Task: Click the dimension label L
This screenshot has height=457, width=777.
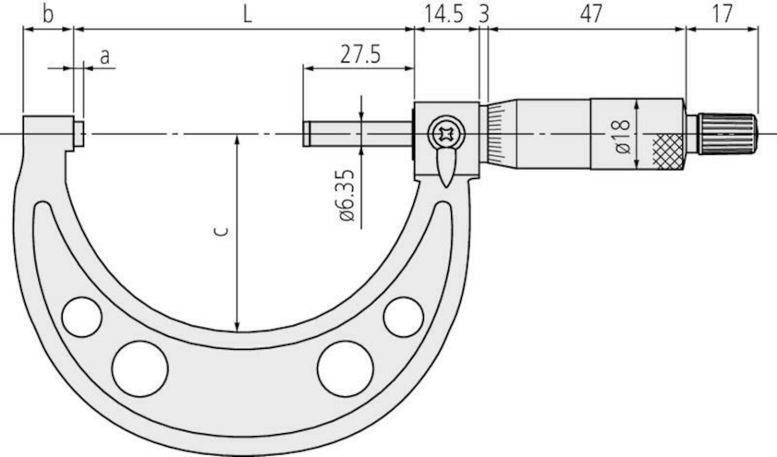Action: tap(247, 15)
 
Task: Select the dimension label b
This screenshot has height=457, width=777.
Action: tap(47, 15)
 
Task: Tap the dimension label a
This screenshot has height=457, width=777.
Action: tap(105, 57)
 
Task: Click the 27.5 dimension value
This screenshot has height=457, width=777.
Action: tap(360, 55)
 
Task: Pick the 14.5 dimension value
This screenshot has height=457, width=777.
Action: tap(444, 15)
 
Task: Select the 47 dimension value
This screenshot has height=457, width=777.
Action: tap(591, 15)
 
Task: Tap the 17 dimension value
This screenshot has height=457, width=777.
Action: tap(722, 15)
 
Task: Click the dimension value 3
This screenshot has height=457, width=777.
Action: tap(483, 15)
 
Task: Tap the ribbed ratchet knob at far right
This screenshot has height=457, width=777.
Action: tap(727, 134)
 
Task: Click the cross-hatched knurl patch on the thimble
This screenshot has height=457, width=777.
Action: tap(667, 150)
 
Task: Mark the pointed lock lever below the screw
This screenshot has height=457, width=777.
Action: tap(445, 167)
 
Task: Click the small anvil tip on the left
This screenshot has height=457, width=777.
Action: tap(79, 134)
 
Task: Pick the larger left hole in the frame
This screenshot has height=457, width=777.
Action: tap(140, 369)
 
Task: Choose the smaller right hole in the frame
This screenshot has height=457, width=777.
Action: tap(403, 317)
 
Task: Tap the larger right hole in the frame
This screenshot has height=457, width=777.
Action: tap(345, 369)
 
